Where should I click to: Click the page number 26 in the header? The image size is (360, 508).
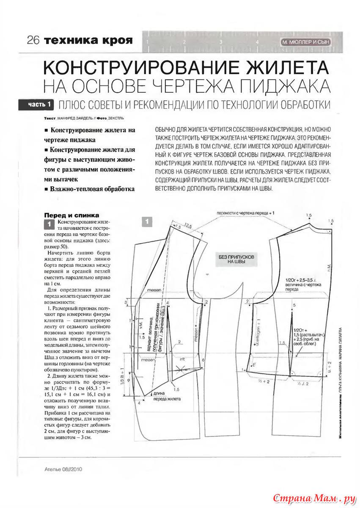tap(33, 41)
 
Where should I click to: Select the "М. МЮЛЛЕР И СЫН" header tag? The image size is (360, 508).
tap(305, 42)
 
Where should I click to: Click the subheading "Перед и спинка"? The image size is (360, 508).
tap(72, 215)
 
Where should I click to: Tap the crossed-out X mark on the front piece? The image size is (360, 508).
tap(183, 370)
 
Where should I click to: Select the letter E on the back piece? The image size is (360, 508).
tap(253, 364)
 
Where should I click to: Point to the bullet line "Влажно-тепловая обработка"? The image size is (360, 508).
tap(91, 189)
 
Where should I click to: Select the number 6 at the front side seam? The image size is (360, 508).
tap(203, 359)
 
